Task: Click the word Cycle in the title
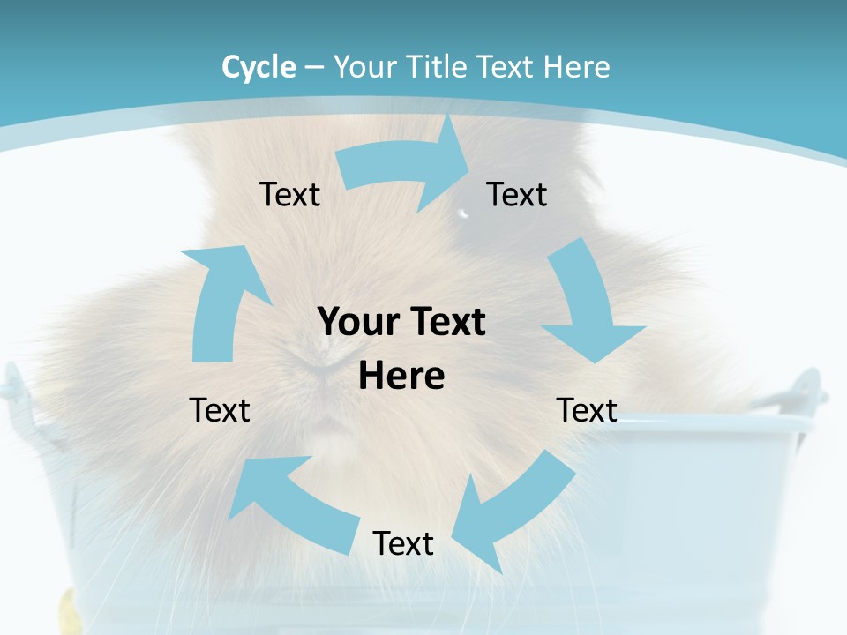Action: [x=259, y=67]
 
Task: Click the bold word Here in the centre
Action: [x=401, y=377]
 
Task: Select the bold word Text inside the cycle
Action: [x=446, y=323]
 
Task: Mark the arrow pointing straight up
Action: [x=221, y=300]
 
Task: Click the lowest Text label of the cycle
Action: [x=403, y=544]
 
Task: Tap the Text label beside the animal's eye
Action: [x=517, y=195]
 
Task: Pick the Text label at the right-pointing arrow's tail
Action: [x=289, y=195]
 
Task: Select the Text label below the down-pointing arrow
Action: [x=587, y=410]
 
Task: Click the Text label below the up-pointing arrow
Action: [x=220, y=410]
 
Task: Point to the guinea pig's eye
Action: [x=464, y=212]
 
